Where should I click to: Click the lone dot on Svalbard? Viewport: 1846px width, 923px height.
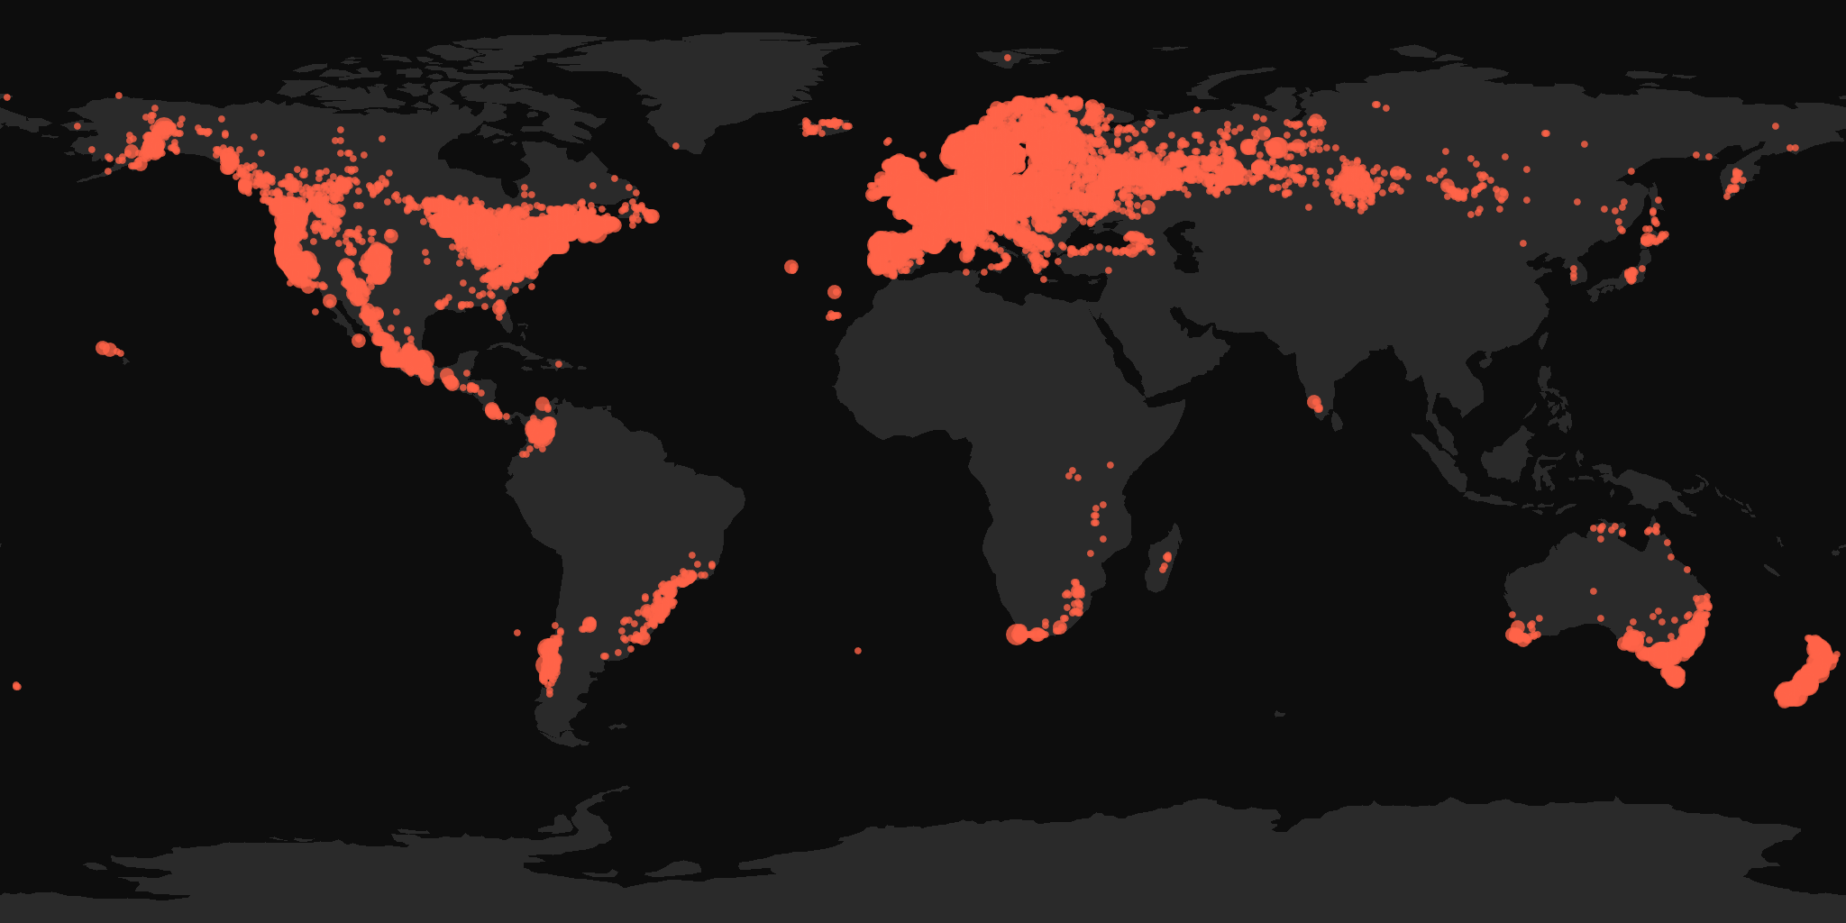point(1008,58)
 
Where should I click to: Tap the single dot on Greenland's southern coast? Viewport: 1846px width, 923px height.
point(676,145)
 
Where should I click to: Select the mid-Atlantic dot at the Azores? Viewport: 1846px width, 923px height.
point(791,267)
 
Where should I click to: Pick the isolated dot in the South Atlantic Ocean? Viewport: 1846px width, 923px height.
point(858,651)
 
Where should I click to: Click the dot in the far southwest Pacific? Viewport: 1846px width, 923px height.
point(17,687)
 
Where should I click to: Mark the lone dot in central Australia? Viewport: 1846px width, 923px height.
point(1594,591)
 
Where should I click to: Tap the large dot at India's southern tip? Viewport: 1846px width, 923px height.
point(1315,402)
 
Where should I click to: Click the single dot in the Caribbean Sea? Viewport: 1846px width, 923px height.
point(559,364)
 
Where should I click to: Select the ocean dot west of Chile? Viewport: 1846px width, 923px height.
point(517,633)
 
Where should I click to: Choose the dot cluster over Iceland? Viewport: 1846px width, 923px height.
point(825,126)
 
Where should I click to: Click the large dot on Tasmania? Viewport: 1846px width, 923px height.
point(1675,677)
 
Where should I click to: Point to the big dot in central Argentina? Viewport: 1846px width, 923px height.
point(589,624)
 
